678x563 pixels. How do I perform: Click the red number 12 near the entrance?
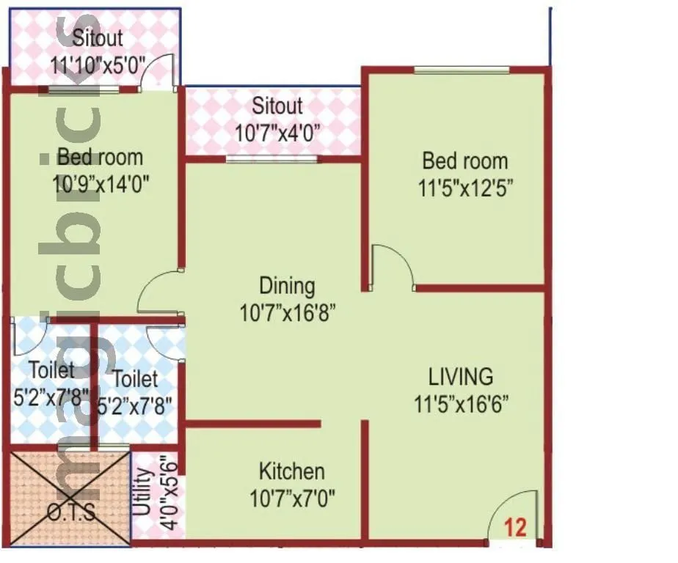click(x=516, y=528)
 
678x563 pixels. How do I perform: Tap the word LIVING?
click(x=461, y=377)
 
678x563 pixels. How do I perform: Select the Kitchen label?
click(x=292, y=471)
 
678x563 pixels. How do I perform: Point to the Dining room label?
click(x=287, y=286)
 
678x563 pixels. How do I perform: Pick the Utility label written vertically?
click(x=144, y=496)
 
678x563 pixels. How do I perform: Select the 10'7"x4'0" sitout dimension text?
click(x=277, y=133)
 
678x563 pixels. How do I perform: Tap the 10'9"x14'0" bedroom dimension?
click(x=101, y=183)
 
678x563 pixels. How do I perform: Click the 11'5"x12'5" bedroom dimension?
click(x=465, y=188)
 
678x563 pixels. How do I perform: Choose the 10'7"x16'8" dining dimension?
click(x=288, y=314)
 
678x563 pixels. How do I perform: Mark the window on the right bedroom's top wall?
click(x=462, y=70)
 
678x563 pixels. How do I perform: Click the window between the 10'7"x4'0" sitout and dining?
click(x=271, y=158)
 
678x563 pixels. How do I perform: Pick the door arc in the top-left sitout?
click(x=158, y=72)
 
